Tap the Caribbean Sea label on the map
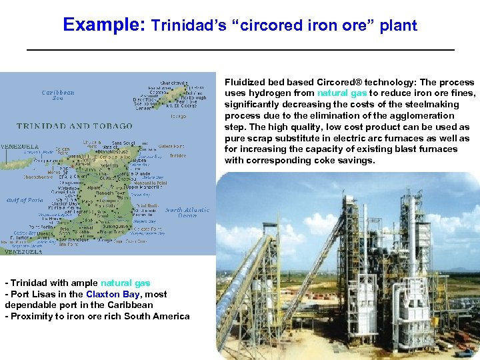58,95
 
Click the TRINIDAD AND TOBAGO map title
63,126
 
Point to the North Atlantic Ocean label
187,213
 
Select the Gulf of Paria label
25,200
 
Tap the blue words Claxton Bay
112,294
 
